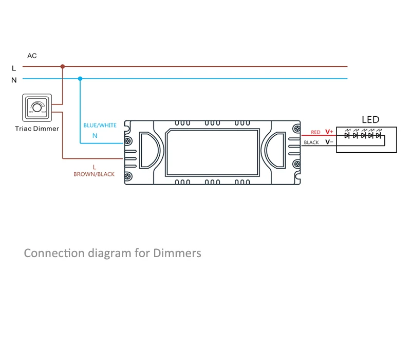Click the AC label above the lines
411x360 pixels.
(32, 56)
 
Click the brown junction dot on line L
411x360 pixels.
(63, 66)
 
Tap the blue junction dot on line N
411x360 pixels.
(80, 79)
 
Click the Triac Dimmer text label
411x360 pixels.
(37, 129)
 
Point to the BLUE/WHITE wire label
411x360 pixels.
(100, 125)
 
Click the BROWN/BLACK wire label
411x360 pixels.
(94, 174)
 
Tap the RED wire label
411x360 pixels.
(315, 132)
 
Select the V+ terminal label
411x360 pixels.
(329, 132)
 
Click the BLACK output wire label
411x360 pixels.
(311, 142)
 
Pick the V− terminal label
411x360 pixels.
(329, 142)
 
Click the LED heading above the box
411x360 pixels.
(370, 120)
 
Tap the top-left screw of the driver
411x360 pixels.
(128, 127)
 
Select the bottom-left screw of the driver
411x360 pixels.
(128, 176)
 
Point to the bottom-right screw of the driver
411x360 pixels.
(296, 176)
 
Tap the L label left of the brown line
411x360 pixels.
(14, 68)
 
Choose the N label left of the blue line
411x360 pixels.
(14, 80)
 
